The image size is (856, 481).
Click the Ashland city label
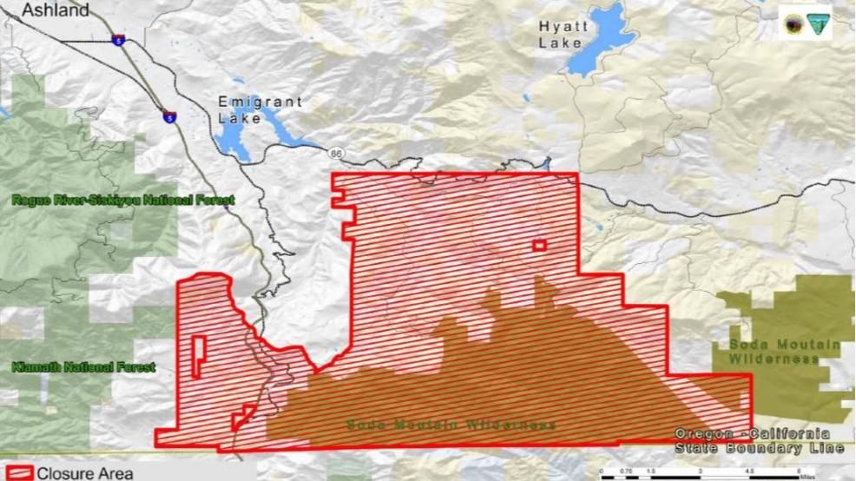[x=56, y=10]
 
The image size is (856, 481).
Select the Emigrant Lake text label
[x=260, y=109]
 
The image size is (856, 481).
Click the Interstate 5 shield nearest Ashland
[x=117, y=38]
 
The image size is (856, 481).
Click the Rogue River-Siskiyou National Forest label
[x=122, y=201]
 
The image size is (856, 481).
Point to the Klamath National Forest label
[x=83, y=367]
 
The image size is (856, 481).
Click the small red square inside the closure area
[x=540, y=246]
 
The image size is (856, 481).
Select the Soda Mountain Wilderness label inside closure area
[x=451, y=425]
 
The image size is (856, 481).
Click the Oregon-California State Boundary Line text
[x=752, y=440]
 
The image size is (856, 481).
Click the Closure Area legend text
[x=85, y=473]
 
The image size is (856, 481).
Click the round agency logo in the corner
[x=793, y=24]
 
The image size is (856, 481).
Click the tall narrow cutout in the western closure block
[x=199, y=357]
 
